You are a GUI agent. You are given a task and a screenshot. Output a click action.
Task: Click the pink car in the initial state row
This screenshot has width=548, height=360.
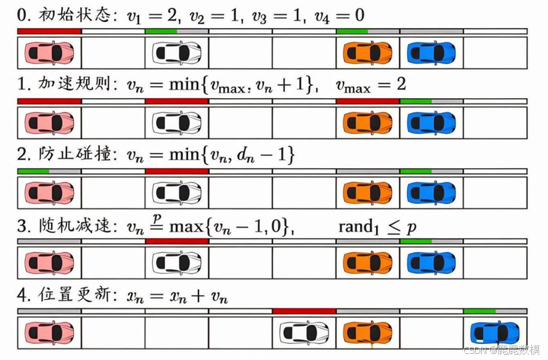[x=49, y=53]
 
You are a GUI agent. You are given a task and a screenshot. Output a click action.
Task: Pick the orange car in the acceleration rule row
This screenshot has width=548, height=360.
[x=368, y=123]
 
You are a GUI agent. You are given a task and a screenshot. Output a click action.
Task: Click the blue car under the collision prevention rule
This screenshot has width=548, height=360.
[x=432, y=193]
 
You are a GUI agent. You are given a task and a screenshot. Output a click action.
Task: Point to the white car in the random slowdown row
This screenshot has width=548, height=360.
[x=177, y=263]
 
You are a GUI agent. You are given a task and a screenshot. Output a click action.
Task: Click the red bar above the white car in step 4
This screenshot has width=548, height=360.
[x=304, y=311]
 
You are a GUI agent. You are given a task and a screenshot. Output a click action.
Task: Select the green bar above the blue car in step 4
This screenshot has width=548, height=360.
[x=479, y=311]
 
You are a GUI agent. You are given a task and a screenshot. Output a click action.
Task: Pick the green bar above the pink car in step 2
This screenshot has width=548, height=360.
[x=33, y=171]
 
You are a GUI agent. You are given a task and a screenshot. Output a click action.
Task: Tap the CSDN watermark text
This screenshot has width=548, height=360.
[x=502, y=351]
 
